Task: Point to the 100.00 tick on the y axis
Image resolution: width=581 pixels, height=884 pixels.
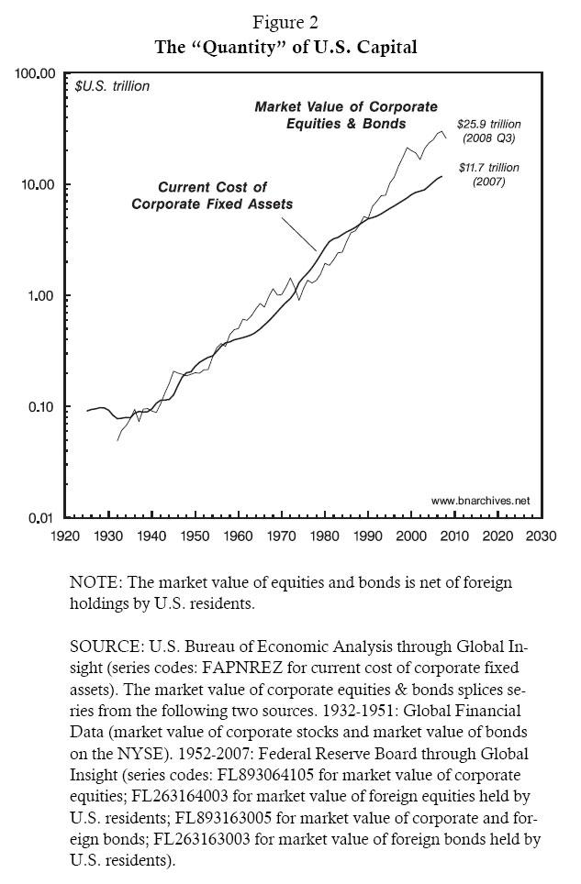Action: click(x=38, y=73)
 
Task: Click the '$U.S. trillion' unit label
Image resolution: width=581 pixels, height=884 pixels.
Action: click(x=112, y=88)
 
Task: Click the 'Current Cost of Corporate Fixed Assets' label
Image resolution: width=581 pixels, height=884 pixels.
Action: click(x=212, y=196)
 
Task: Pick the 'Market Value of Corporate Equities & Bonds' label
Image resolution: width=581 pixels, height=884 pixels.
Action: click(x=346, y=116)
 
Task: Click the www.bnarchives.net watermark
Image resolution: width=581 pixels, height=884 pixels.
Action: click(x=481, y=501)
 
